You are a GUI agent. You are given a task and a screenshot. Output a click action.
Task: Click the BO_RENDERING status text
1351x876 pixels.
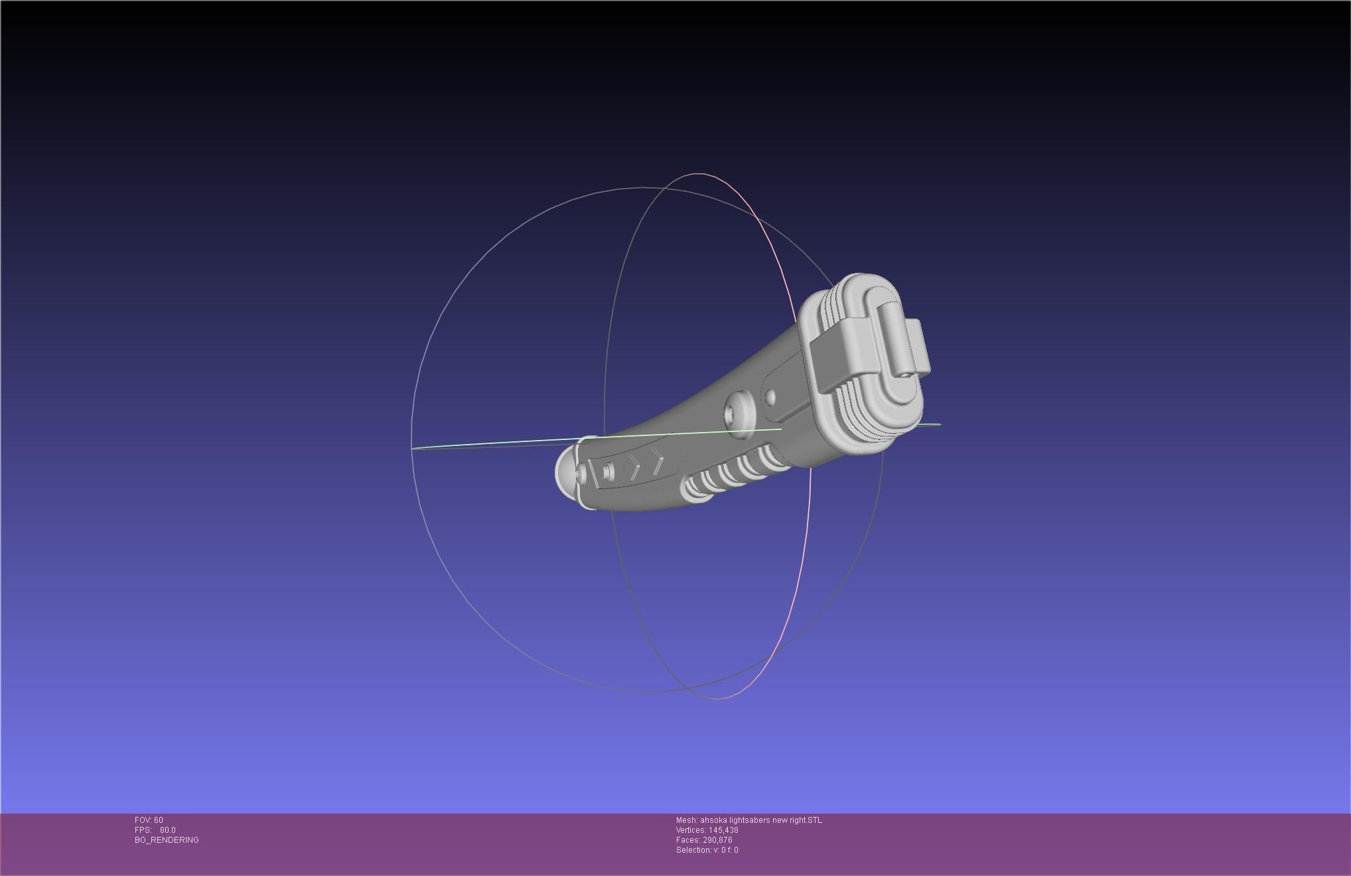coord(167,840)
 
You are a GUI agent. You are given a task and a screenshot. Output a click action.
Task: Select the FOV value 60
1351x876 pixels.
coord(159,820)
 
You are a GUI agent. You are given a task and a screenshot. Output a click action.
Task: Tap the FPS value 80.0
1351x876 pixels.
coord(167,830)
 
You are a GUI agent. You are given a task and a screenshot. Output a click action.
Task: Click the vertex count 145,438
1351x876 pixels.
coord(723,830)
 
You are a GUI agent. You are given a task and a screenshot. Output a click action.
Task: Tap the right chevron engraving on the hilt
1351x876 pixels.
coord(657,460)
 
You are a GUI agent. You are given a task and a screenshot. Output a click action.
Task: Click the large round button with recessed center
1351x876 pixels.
coord(739,415)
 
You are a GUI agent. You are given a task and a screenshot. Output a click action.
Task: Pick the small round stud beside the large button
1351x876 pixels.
coord(770,397)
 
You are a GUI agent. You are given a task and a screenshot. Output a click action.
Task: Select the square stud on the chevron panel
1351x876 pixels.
coord(608,472)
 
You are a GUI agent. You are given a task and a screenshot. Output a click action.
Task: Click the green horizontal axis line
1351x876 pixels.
coord(498,444)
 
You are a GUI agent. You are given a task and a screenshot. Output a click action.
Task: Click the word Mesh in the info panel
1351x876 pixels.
coord(686,820)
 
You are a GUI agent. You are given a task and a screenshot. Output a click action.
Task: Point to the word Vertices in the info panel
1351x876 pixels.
coord(691,830)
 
